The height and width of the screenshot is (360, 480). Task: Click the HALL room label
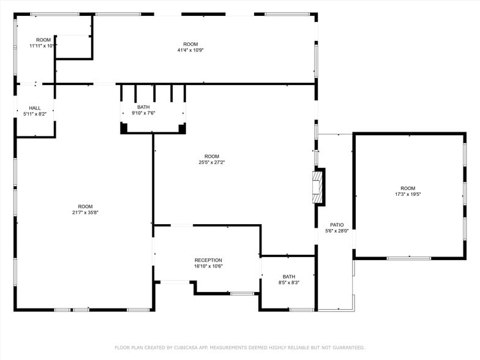point(35,108)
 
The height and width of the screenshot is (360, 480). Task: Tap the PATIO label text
point(337,225)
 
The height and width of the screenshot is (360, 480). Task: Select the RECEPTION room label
point(208,260)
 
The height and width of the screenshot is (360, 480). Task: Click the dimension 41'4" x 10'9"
point(190,50)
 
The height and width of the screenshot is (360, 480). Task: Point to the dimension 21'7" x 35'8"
point(85,212)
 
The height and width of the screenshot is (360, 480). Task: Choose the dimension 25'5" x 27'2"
point(212,162)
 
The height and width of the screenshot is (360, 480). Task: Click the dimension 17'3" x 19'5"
point(408,194)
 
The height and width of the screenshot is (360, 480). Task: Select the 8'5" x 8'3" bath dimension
point(289,282)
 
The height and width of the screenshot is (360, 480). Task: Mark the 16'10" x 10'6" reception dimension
point(208,266)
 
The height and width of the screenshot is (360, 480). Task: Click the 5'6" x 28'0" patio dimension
point(337,231)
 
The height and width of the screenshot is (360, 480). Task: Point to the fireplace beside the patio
point(317,187)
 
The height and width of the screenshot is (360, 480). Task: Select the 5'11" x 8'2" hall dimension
point(35,114)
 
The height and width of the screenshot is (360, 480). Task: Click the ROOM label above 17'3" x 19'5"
point(408,188)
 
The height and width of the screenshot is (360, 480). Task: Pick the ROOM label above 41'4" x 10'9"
point(190,44)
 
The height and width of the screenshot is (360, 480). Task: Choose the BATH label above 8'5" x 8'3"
point(289,276)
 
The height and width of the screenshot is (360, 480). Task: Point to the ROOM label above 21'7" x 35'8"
point(85,206)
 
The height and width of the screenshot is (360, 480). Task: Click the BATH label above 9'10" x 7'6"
point(143,107)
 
